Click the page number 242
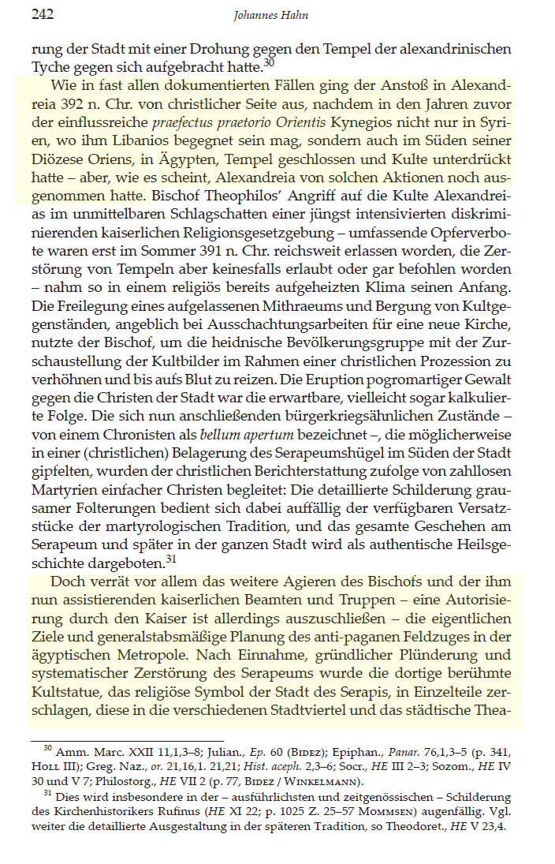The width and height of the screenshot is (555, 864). (42, 14)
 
